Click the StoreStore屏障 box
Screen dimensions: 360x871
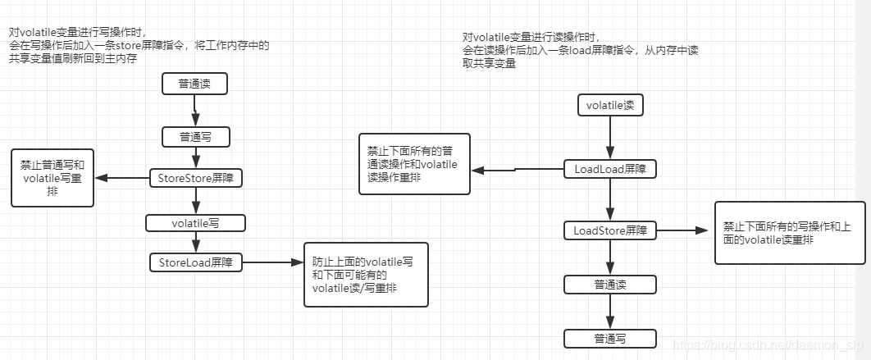tap(195, 177)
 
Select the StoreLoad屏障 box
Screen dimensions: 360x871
tap(195, 262)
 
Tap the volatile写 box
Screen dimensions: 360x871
tap(195, 222)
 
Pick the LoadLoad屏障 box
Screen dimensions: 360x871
tap(610, 169)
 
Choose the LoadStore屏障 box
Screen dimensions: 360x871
tap(610, 230)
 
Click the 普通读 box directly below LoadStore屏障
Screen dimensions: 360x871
tap(610, 285)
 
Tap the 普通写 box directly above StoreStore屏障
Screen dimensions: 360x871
tap(195, 136)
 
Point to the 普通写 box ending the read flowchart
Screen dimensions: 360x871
tap(610, 338)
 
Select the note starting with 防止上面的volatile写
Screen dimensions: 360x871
tap(366, 275)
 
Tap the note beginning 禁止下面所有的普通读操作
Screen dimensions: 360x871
tap(414, 163)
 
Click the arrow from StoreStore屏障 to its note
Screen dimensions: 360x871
tap(121, 178)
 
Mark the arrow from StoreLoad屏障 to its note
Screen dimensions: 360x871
tap(272, 263)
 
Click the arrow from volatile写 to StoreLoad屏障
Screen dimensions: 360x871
tap(195, 242)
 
